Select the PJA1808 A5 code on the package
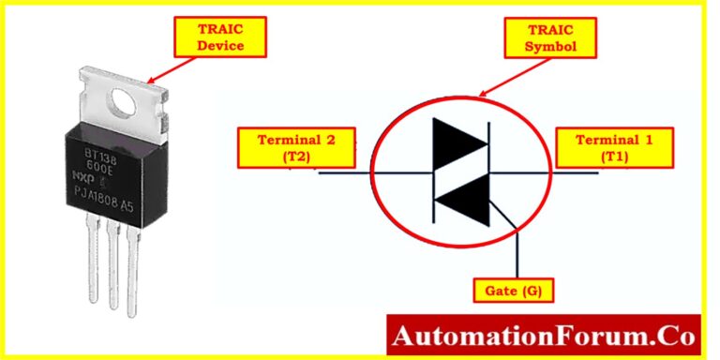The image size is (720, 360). pos(110,192)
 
